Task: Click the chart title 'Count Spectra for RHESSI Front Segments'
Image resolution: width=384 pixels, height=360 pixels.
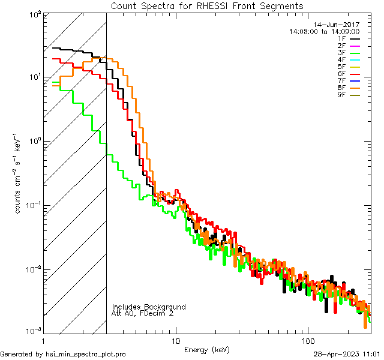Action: point(207,5)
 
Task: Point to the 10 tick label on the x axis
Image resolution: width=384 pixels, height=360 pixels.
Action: point(176,340)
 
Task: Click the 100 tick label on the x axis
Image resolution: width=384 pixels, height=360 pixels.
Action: point(307,340)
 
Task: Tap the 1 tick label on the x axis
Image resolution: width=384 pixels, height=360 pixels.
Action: point(44,340)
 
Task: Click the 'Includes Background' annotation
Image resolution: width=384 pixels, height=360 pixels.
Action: point(149,307)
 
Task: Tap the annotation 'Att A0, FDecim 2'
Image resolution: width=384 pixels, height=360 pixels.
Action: point(143,314)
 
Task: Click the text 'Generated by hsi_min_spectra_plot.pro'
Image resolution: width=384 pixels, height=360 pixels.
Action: point(63,354)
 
